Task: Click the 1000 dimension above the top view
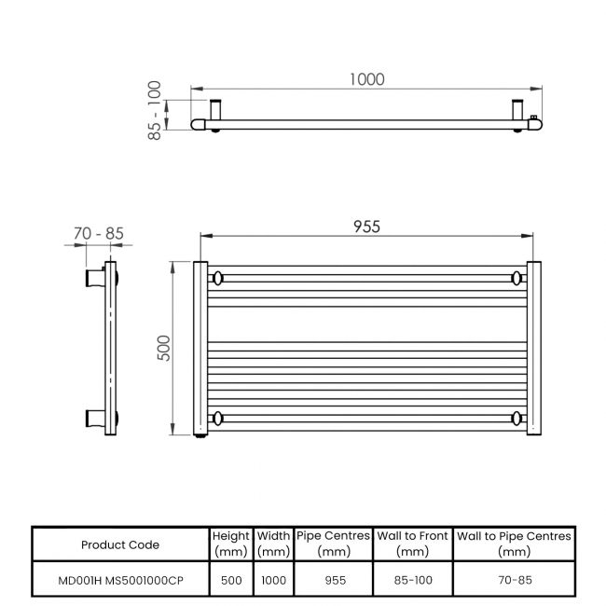pyautogui.click(x=366, y=80)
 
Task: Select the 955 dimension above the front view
pyautogui.click(x=366, y=227)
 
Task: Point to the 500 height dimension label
pyautogui.click(x=165, y=349)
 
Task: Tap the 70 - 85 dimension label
pyautogui.click(x=98, y=233)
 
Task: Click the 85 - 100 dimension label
pyautogui.click(x=155, y=110)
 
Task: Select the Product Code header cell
pyautogui.click(x=120, y=544)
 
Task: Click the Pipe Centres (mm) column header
pyautogui.click(x=333, y=544)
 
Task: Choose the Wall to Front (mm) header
pyautogui.click(x=412, y=544)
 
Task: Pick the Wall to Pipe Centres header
pyautogui.click(x=514, y=544)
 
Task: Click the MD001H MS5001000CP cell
pyautogui.click(x=120, y=580)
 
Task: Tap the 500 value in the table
pyautogui.click(x=231, y=580)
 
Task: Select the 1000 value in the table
pyautogui.click(x=273, y=580)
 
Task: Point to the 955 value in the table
pyautogui.click(x=333, y=580)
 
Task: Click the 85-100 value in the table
pyautogui.click(x=412, y=580)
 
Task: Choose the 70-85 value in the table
pyautogui.click(x=514, y=580)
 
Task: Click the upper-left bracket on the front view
pyautogui.click(x=217, y=278)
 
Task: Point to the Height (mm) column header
pyautogui.click(x=231, y=544)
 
